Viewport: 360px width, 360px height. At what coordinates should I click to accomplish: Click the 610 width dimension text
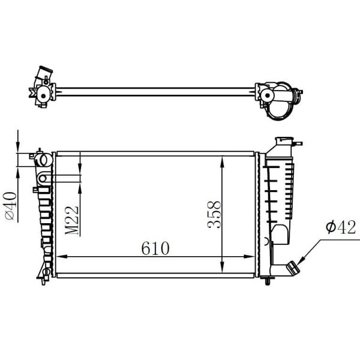point(155,248)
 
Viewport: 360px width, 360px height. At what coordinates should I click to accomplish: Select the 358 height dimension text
point(215,214)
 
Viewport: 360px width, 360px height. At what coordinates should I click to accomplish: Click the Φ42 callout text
point(340,227)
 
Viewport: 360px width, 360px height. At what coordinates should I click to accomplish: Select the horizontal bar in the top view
point(156,92)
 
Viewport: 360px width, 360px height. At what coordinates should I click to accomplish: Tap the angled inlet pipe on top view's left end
point(44,76)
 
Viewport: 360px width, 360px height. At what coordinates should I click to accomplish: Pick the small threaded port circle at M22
point(43,178)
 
